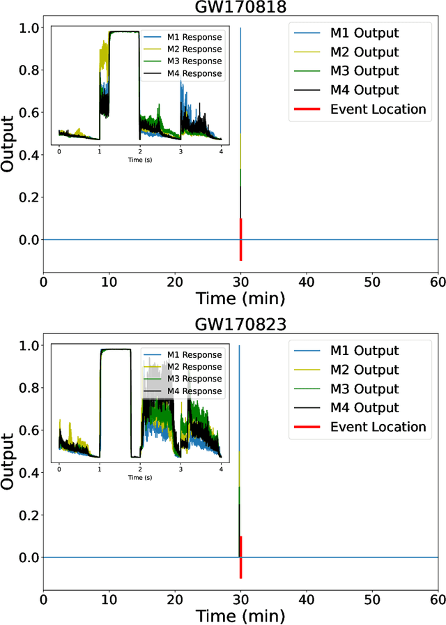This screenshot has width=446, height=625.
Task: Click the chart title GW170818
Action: [x=240, y=8]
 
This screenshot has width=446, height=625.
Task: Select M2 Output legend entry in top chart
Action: [x=364, y=52]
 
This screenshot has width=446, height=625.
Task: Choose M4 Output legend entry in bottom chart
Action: [x=364, y=408]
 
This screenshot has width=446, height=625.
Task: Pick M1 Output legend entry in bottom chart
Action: [x=364, y=351]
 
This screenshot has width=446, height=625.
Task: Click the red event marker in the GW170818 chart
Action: [x=240, y=239]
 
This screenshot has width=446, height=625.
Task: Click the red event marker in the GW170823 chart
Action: [x=240, y=557]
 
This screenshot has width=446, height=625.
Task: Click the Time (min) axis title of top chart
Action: [x=240, y=299]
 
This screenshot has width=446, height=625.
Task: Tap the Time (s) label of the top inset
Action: [x=140, y=160]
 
